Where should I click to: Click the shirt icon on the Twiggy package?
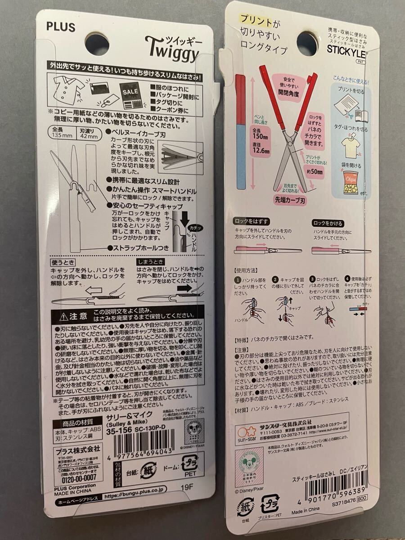click(x=67, y=85)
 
